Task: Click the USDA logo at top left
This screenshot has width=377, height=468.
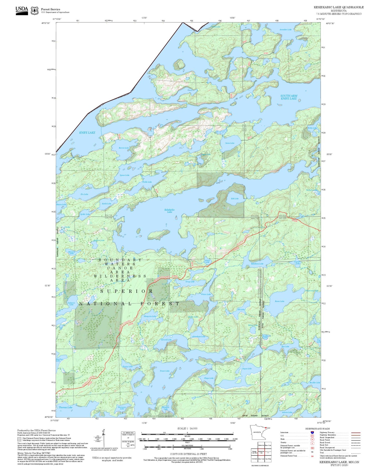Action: click(22, 10)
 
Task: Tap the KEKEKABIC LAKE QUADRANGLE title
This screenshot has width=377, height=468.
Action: click(339, 7)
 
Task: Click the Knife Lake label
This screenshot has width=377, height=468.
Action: click(87, 132)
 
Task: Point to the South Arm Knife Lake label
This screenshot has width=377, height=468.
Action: click(289, 97)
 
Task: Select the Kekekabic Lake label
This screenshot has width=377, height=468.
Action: click(170, 211)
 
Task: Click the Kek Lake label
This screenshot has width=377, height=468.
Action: click(234, 199)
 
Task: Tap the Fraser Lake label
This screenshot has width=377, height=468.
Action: click(165, 371)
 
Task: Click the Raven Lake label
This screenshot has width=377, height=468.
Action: click(279, 301)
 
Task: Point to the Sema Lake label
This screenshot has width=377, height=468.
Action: click(230, 143)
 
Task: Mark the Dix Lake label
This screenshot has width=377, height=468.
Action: click(84, 194)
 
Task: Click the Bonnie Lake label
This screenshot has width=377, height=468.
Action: click(124, 148)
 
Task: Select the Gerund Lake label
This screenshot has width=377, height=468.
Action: click(166, 340)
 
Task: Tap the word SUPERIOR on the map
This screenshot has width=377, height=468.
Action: click(127, 291)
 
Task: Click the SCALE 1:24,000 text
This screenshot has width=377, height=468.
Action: click(187, 428)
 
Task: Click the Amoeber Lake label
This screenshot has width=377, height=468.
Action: click(286, 30)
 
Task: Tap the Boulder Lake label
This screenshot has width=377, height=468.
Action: click(315, 383)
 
